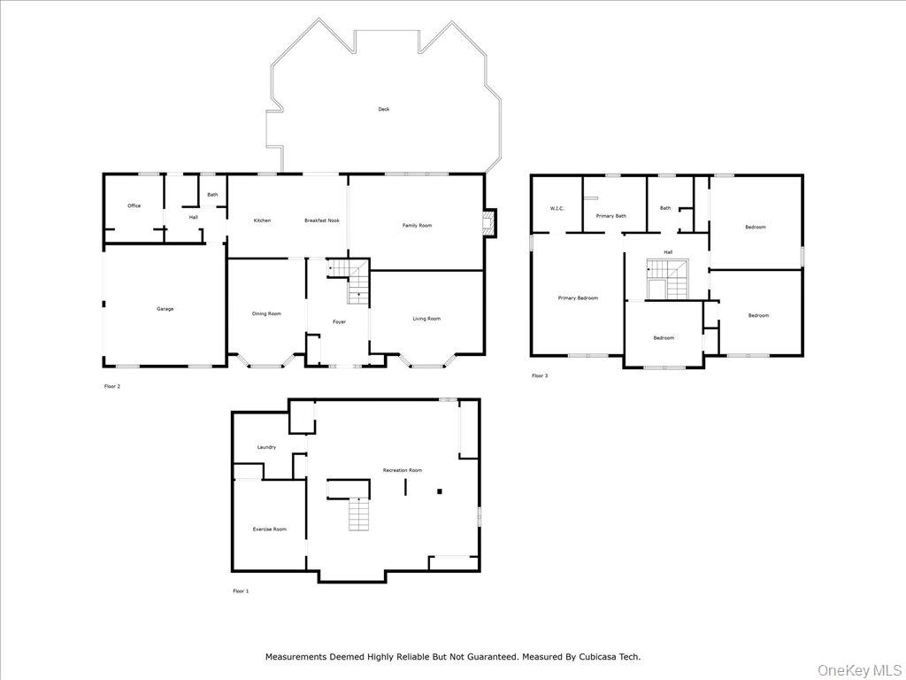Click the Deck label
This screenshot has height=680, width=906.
(383, 110)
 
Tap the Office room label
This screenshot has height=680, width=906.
(134, 206)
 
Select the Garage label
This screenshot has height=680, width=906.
(165, 309)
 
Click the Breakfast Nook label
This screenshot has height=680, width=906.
(322, 220)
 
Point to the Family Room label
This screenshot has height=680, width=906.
(417, 226)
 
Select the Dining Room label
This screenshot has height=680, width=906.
(266, 313)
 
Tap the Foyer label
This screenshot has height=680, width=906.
(339, 322)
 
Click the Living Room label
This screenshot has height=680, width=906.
(426, 319)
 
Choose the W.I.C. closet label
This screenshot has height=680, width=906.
(557, 209)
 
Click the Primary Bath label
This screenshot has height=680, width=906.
(610, 216)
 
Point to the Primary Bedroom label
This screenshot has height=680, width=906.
(578, 298)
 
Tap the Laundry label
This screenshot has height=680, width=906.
(266, 447)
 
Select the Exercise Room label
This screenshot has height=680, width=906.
(270, 529)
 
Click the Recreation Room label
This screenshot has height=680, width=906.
(402, 470)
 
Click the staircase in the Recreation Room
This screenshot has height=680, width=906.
(357, 514)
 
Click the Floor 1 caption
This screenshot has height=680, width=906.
(241, 591)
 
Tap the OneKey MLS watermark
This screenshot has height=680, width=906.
(856, 668)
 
